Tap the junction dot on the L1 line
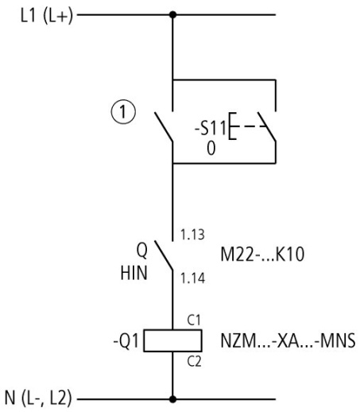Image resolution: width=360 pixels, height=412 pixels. tap(172, 15)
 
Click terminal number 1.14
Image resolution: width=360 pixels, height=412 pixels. tap(192, 278)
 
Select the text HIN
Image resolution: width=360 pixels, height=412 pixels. tap(144, 265)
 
